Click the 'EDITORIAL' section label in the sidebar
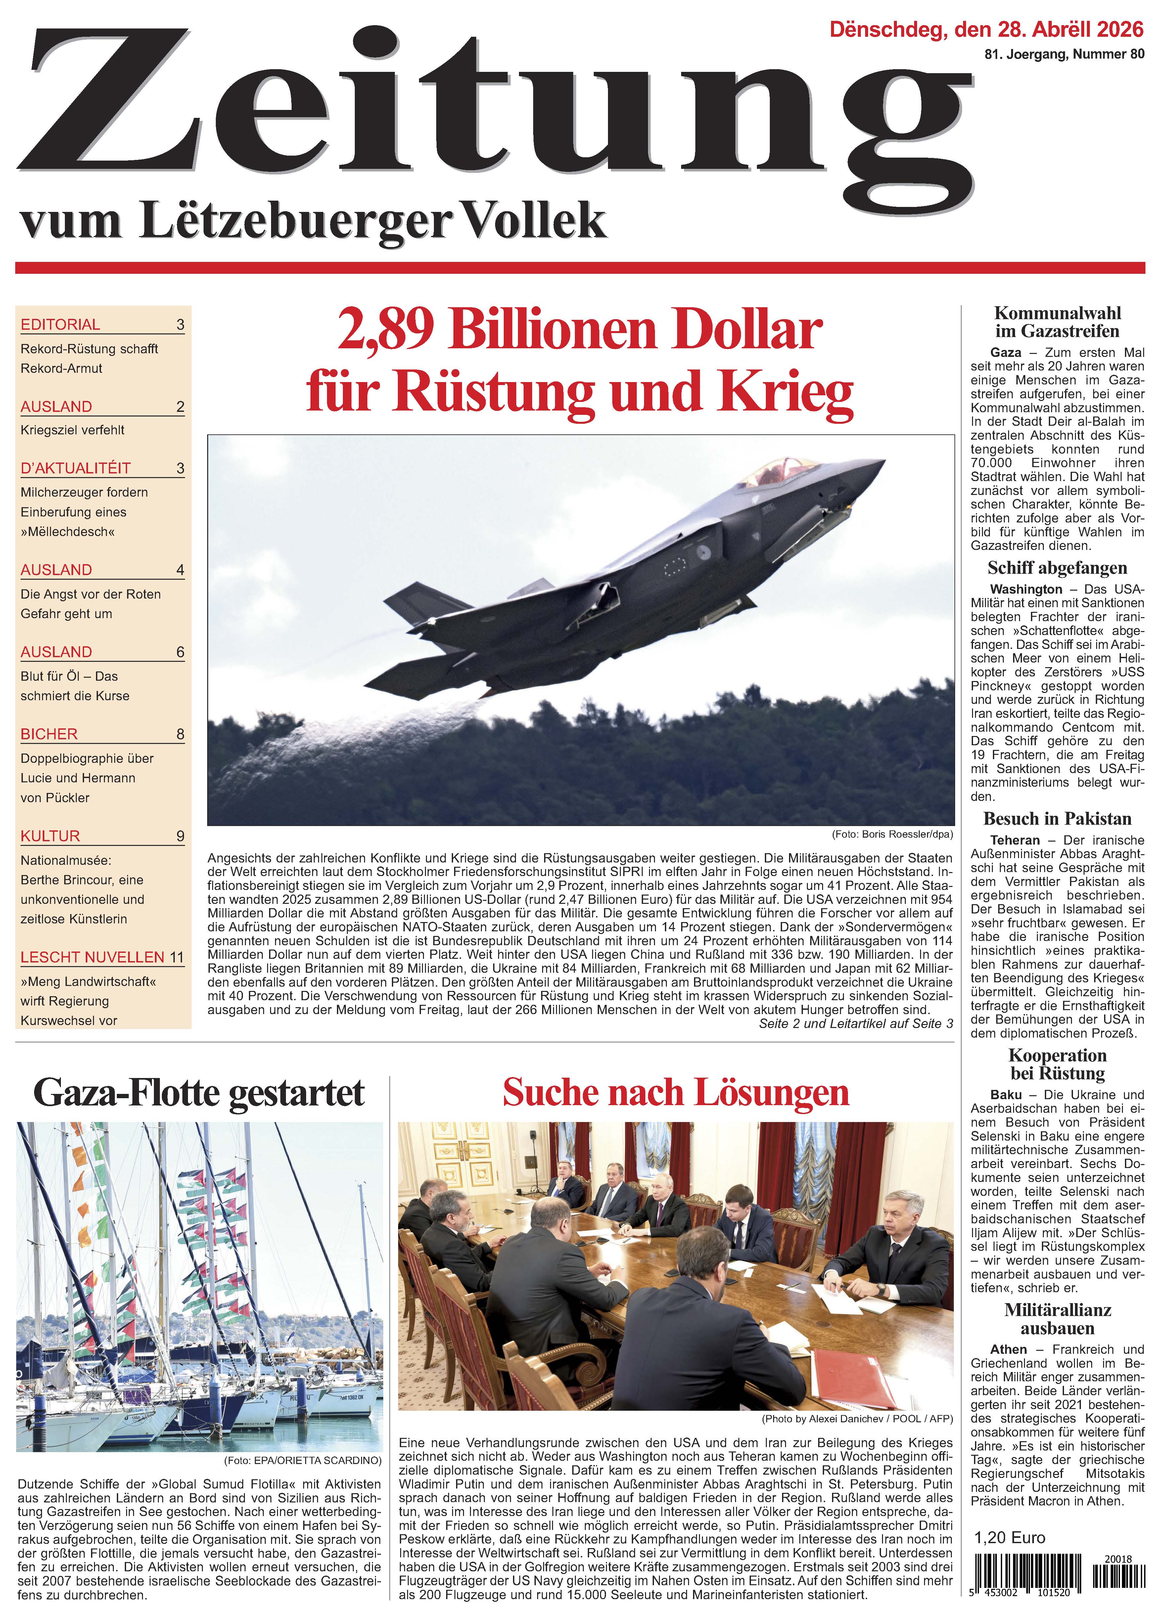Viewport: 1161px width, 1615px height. (61, 325)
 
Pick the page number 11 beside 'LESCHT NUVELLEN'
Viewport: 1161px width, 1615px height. (176, 957)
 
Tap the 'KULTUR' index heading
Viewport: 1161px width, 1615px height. (51, 836)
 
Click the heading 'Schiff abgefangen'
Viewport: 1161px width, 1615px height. (1057, 567)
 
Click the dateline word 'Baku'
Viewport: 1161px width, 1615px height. (1006, 1095)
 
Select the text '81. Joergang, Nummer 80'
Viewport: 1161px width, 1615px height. (1064, 54)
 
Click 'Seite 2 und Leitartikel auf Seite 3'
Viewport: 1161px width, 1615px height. (856, 1024)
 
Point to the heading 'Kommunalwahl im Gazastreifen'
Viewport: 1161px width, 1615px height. (1057, 322)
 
